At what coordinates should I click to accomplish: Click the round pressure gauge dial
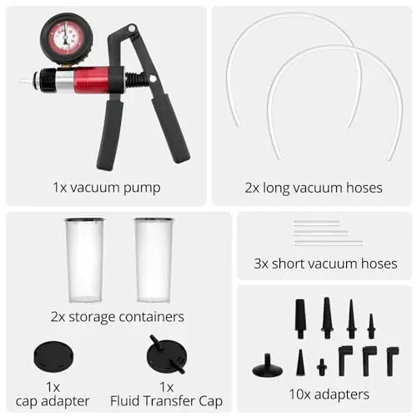67,38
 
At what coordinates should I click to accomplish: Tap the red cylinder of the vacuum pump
91,80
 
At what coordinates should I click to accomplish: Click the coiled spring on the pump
136,79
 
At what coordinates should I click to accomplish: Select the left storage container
85,260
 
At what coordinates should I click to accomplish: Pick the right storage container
153,260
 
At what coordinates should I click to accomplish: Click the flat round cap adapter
53,355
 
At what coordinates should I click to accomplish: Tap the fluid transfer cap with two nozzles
167,354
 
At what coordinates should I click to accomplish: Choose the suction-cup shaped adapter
267,365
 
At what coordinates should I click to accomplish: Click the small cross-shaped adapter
322,367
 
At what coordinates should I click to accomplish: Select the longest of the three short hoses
328,243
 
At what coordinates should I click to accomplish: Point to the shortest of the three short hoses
317,223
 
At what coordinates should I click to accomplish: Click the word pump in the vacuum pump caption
142,188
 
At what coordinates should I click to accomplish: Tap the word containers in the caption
152,317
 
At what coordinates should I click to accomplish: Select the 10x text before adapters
299,394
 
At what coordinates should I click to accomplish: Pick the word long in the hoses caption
276,188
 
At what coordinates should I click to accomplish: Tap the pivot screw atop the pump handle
133,28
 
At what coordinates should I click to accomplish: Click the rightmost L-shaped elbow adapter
393,361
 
